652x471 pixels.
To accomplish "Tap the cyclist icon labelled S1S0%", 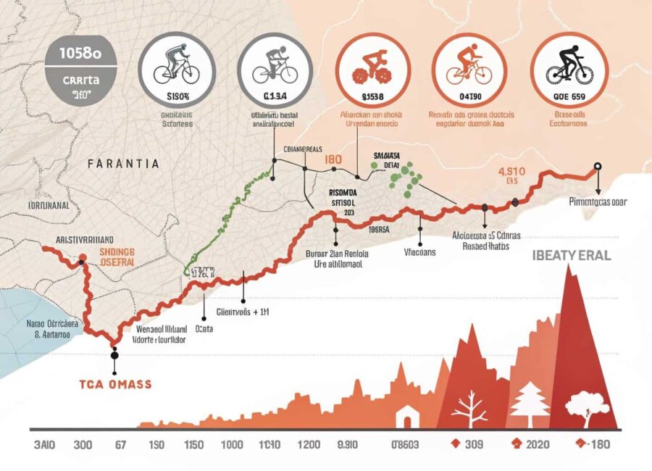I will tap(176, 67).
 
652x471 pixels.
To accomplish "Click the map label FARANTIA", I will tap(122, 164).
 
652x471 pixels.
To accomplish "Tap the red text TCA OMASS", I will tap(115, 384).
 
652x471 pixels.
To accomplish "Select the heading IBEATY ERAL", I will tap(572, 256).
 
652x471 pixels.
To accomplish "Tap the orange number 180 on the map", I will tap(333, 159).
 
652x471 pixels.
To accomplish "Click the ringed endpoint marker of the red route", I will tap(597, 166).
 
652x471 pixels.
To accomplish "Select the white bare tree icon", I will tap(469, 409).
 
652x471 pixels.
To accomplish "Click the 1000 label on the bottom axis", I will tap(232, 446).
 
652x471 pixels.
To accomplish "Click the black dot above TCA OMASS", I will tap(114, 356).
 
